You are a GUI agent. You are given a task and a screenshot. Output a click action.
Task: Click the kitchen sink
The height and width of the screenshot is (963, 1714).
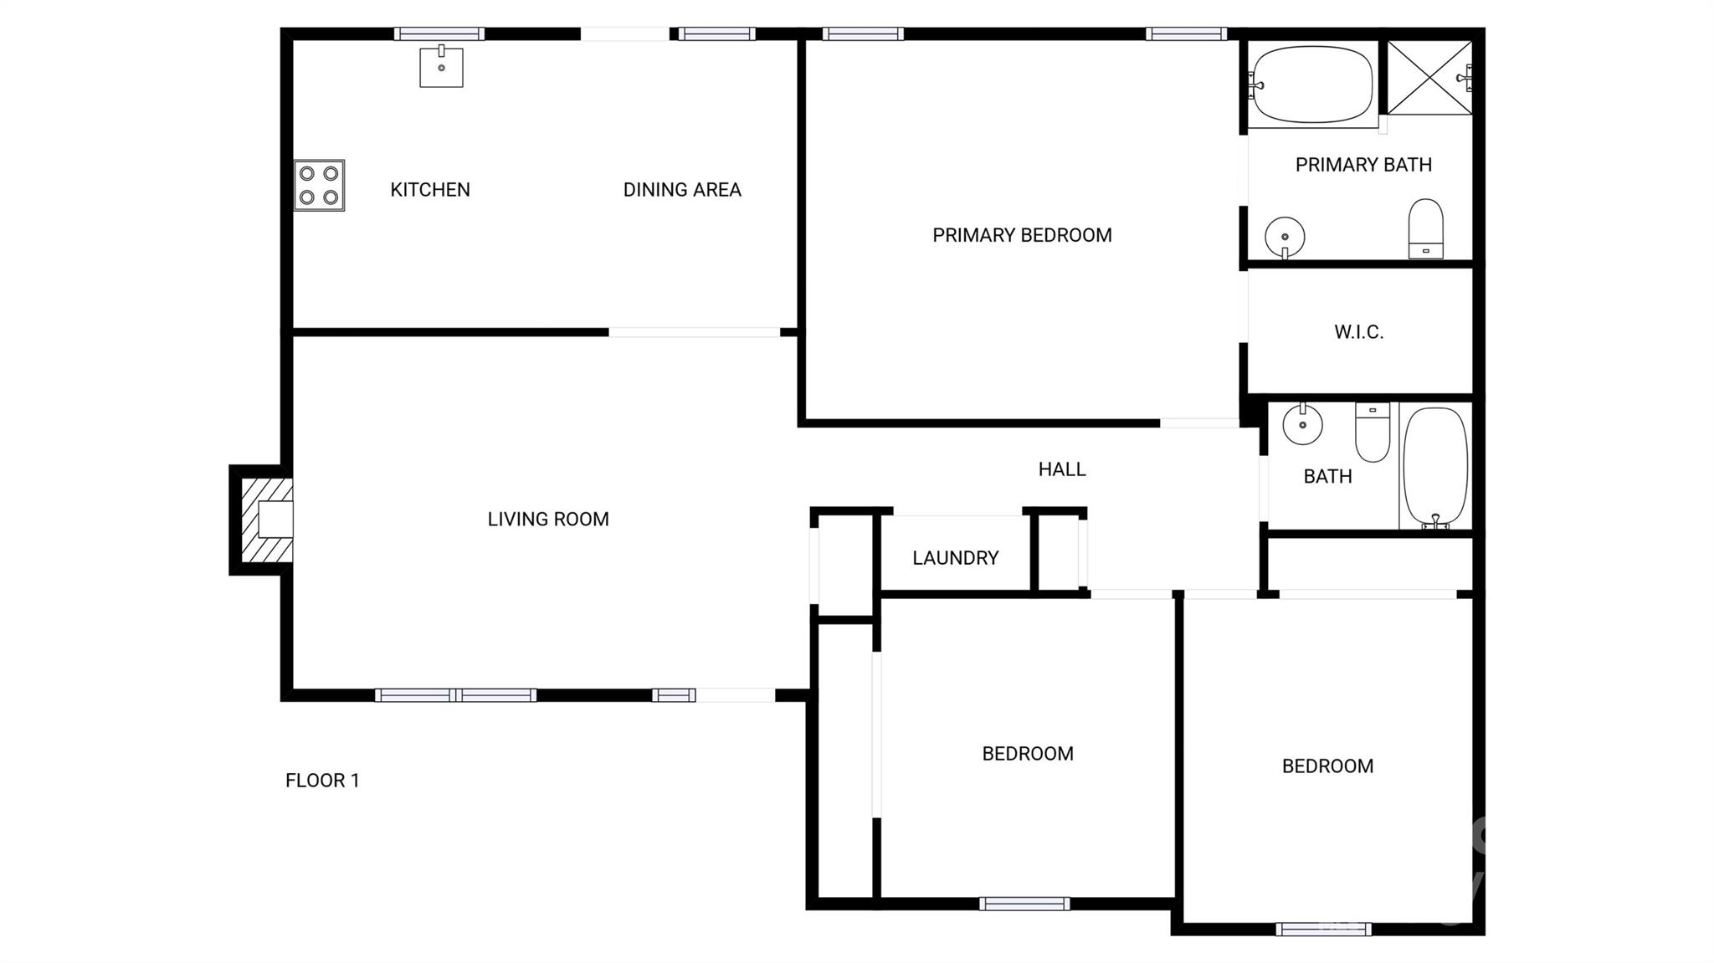click(441, 67)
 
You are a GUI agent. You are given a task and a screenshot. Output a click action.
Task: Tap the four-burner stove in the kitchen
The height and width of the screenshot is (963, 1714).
click(319, 185)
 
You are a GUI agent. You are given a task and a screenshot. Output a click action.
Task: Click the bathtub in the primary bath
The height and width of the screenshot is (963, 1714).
click(1311, 85)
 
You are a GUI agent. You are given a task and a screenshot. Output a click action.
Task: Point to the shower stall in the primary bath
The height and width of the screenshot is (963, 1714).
click(1429, 77)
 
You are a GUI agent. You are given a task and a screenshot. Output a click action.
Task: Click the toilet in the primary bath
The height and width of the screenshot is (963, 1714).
click(1425, 228)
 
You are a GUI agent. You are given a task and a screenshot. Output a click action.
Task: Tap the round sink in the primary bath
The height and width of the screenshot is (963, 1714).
click(1285, 236)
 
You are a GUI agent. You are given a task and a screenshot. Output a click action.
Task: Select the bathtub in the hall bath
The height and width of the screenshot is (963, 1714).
click(1434, 467)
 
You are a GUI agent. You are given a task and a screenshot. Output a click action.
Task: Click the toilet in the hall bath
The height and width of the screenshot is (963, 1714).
click(1373, 432)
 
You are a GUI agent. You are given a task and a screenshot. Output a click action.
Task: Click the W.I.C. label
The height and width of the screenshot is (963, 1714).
click(1358, 332)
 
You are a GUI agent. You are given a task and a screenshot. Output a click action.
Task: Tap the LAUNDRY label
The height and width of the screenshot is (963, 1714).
click(955, 558)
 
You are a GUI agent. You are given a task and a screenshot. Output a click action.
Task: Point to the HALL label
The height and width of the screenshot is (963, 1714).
click(1062, 469)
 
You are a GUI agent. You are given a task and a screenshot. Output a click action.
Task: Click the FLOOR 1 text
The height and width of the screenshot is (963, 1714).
click(322, 781)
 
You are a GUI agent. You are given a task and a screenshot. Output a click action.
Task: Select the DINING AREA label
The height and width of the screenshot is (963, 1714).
click(682, 190)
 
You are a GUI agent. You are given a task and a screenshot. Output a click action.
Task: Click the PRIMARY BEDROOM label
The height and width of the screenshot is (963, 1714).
click(1022, 235)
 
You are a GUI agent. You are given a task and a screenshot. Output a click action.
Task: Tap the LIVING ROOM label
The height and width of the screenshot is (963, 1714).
click(548, 520)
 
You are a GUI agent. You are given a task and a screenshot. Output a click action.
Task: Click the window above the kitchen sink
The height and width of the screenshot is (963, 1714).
click(439, 34)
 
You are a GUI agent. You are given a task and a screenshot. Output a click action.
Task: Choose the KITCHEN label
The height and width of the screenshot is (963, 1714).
click(430, 190)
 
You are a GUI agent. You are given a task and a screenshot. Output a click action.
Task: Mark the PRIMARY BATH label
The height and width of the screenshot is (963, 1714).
click(1363, 165)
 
